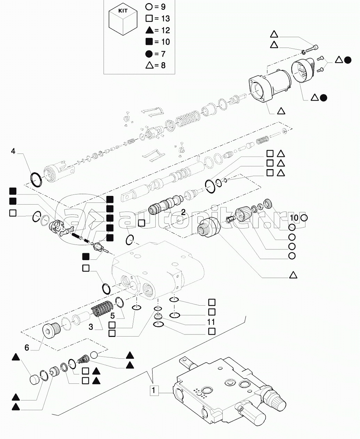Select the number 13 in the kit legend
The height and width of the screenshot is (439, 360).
coord(165,19)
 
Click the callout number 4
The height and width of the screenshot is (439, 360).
coord(13,151)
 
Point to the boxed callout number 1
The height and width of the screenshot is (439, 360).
coord(154,390)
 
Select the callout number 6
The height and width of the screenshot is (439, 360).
coord(27,347)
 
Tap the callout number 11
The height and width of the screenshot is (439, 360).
coord(211,322)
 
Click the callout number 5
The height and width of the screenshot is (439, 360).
coord(113,316)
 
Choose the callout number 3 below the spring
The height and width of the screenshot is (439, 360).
coord(91,326)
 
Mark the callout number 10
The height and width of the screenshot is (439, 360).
coord(294,218)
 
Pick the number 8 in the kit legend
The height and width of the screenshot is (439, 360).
coord(163,65)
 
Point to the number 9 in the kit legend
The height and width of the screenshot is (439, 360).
coord(163,7)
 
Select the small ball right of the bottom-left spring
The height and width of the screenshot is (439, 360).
coord(93,355)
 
